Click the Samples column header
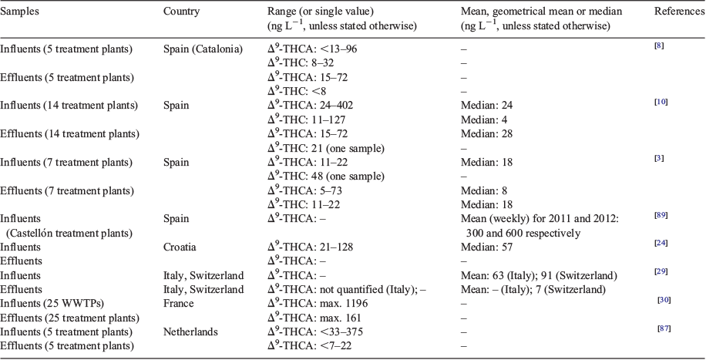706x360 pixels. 19,12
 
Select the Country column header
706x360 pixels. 181,12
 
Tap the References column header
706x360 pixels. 680,12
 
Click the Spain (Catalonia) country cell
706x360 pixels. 203,49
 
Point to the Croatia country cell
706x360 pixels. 180,247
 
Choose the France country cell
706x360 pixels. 178,303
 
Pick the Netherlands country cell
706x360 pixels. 190,331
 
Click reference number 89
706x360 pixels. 661,215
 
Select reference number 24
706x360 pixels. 661,244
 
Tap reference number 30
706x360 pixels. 664,300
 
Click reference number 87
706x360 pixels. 664,328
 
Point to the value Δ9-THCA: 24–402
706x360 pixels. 311,105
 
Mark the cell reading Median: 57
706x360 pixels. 487,247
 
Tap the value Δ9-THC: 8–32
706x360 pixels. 301,63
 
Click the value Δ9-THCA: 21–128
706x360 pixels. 311,247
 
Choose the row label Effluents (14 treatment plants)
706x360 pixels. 70,134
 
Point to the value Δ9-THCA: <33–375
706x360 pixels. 315,331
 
